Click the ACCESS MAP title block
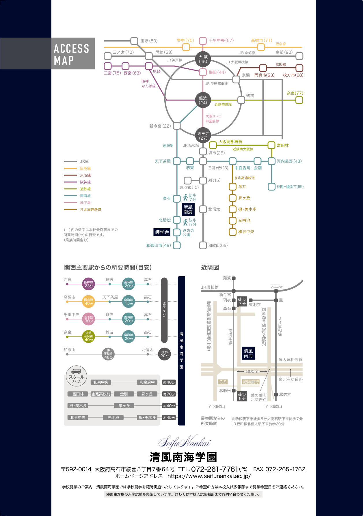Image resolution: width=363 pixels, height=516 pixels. click(x=47, y=53)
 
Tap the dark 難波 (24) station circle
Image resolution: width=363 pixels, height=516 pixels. click(x=203, y=100)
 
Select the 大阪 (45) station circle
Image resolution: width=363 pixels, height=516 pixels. click(x=203, y=59)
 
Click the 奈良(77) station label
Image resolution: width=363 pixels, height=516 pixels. click(x=295, y=93)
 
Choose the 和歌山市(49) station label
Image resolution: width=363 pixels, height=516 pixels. click(x=159, y=246)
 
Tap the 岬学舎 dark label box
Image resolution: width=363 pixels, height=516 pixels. click(x=162, y=232)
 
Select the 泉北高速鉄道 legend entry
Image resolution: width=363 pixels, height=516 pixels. click(x=83, y=210)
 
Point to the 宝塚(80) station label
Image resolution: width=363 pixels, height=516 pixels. click(x=149, y=41)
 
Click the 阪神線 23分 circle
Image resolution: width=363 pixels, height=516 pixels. click(x=89, y=284)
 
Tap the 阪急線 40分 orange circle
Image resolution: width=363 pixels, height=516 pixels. click(x=89, y=302)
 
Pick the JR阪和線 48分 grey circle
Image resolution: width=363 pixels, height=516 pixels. click(x=108, y=354)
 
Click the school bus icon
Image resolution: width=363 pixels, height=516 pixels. click(x=76, y=371)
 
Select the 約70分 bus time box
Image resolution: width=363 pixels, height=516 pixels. click(x=169, y=394)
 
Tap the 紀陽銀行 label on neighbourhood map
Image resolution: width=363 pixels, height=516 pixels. click(x=251, y=382)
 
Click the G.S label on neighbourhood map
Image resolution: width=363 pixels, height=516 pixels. click(x=223, y=382)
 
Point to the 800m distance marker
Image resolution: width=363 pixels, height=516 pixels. click(x=252, y=371)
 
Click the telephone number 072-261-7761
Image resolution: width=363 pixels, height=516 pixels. click(x=215, y=469)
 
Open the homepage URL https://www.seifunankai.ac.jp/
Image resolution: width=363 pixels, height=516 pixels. click(x=209, y=476)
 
